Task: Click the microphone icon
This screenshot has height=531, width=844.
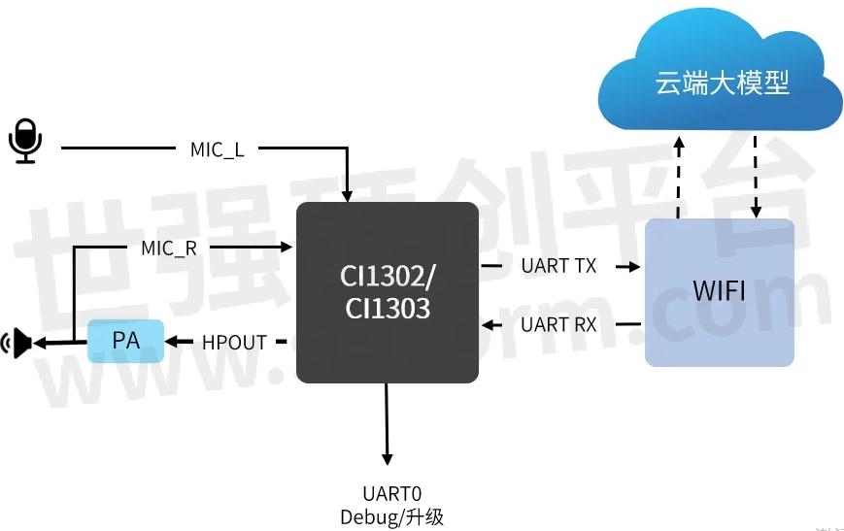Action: (26, 141)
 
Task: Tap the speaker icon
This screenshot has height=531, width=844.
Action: (18, 342)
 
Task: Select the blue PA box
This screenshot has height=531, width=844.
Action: (126, 341)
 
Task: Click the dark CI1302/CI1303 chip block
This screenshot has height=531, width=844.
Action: (387, 292)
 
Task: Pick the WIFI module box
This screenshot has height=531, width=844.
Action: (719, 292)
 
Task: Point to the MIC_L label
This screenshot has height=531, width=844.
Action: (218, 149)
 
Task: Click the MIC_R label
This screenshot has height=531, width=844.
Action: (169, 249)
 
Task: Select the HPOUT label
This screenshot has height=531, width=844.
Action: (234, 342)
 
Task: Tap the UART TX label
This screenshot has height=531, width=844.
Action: (558, 265)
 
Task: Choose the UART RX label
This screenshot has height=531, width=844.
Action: (558, 324)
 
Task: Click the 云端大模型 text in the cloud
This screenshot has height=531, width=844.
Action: (722, 83)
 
